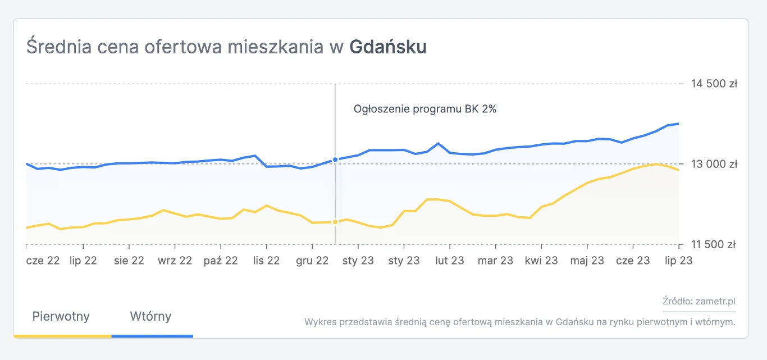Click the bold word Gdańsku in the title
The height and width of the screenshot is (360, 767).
(x=388, y=47)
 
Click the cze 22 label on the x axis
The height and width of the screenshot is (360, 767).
(x=43, y=261)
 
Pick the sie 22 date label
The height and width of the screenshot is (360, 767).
(x=129, y=261)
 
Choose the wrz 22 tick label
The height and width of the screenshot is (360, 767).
(x=175, y=261)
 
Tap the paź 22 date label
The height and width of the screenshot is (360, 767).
(x=221, y=261)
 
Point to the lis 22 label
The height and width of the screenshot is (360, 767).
(x=266, y=261)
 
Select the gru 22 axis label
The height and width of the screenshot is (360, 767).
(x=312, y=261)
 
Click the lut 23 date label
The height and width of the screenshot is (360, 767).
(x=450, y=261)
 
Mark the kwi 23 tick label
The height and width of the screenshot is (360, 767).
(x=541, y=261)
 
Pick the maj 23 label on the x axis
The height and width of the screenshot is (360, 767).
(x=587, y=261)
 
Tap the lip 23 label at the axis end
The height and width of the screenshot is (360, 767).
(x=679, y=261)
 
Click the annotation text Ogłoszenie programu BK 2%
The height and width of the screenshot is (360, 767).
(x=425, y=110)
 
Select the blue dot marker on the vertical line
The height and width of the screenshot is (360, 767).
(x=335, y=160)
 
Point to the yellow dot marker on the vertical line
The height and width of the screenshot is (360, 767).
(x=335, y=222)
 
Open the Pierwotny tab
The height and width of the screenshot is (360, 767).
(x=61, y=316)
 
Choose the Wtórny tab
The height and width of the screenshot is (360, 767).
(x=150, y=316)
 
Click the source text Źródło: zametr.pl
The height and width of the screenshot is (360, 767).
(x=698, y=302)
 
